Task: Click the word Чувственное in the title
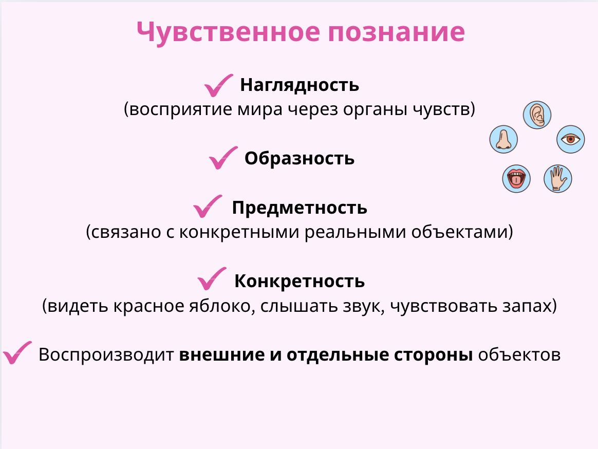point(228,32)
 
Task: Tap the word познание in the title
point(396,32)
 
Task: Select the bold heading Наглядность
point(300,85)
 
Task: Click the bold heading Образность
point(300,158)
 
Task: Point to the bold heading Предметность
point(300,208)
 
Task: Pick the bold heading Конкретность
point(300,281)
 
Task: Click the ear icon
point(537,115)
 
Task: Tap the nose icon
point(503,139)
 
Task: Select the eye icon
point(571,139)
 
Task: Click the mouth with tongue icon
point(516,179)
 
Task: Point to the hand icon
point(557,179)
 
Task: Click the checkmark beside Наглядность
point(218,85)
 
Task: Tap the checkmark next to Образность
point(223,158)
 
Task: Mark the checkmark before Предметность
point(208,207)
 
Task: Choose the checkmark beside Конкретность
point(212,279)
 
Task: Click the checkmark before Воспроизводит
point(17,352)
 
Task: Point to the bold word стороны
point(433,355)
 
